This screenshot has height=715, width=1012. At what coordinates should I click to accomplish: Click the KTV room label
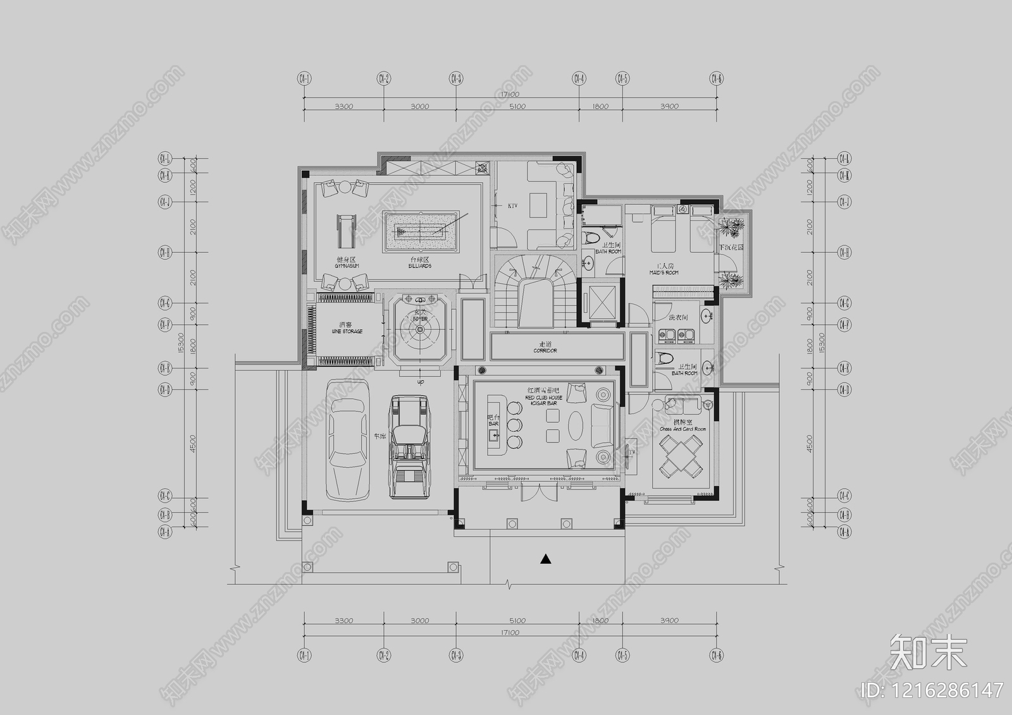click(512, 205)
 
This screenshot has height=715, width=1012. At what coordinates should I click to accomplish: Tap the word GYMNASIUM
click(347, 266)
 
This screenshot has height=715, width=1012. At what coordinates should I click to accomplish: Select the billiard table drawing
click(421, 231)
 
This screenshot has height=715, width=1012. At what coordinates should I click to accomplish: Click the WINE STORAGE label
click(347, 331)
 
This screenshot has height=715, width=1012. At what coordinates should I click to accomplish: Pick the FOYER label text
click(420, 319)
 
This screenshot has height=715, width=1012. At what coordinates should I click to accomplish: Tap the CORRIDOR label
click(545, 350)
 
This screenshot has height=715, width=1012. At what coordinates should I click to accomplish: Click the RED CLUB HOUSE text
click(543, 398)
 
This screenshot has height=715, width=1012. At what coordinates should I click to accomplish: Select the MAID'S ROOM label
click(663, 272)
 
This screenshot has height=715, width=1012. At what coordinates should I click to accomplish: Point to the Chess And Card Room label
click(682, 429)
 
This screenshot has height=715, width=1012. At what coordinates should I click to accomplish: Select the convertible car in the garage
click(409, 446)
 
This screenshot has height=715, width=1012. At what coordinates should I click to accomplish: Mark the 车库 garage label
click(379, 436)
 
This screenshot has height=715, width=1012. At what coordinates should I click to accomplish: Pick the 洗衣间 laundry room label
click(678, 317)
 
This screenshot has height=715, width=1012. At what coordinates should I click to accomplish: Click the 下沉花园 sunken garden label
click(731, 247)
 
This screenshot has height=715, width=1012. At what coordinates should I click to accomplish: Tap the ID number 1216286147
click(933, 690)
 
